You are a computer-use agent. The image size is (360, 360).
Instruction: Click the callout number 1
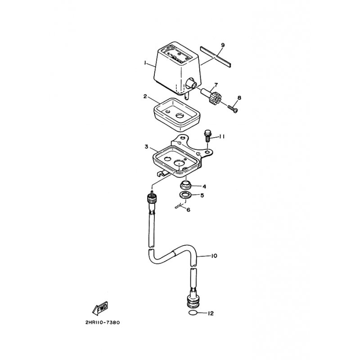coord(145,63)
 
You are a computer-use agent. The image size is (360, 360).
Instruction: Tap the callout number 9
coord(222,45)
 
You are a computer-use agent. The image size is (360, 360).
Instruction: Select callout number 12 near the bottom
coord(211,313)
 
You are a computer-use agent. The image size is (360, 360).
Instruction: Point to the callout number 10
coord(214,256)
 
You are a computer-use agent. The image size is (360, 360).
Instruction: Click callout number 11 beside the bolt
coord(221,137)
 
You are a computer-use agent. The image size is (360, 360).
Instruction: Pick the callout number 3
coord(147,147)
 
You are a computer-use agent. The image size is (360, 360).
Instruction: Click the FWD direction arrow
coord(100,308)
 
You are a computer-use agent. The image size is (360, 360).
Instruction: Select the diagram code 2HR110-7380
coord(103,322)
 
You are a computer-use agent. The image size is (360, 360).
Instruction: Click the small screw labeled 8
coord(233,108)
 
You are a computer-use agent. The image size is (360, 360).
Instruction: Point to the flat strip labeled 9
coord(216,57)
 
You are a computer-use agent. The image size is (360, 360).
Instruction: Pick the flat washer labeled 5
coord(184,195)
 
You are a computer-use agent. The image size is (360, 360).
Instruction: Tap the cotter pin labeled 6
coord(180,206)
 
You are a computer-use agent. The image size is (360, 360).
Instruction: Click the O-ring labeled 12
coord(193,313)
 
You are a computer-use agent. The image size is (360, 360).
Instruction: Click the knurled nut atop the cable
coord(152,198)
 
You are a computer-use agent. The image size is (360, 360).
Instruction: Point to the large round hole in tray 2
coord(180,115)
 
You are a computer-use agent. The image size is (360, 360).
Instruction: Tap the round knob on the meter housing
coord(191,83)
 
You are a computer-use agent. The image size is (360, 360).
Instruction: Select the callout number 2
coord(145,96)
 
